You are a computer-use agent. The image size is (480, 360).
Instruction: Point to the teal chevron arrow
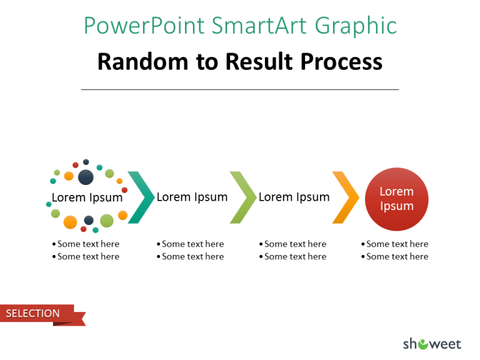pyautogui.click(x=142, y=197)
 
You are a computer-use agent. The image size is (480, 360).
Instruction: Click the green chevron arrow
pyautogui.click(x=244, y=197)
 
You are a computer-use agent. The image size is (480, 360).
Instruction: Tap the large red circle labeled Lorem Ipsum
pyautogui.click(x=397, y=199)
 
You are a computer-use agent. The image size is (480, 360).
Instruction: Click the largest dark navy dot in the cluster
pyautogui.click(x=86, y=177)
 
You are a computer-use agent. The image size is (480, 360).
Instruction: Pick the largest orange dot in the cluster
pyautogui.click(x=70, y=222)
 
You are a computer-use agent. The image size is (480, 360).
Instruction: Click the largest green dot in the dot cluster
pyautogui.click(x=107, y=220)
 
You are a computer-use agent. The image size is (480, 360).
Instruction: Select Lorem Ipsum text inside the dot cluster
pyautogui.click(x=87, y=197)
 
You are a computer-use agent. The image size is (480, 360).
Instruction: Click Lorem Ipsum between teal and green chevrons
pyautogui.click(x=192, y=197)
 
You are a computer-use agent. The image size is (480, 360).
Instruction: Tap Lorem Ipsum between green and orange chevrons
pyautogui.click(x=294, y=197)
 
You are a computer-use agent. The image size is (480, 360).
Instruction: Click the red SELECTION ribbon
pyautogui.click(x=37, y=313)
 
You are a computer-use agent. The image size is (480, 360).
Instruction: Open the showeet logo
pyautogui.click(x=432, y=343)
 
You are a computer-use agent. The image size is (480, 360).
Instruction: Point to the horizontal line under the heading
pyautogui.click(x=240, y=89)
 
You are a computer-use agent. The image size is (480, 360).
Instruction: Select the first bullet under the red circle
pyautogui.click(x=396, y=244)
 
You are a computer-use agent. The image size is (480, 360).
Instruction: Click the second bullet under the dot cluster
pyautogui.click(x=87, y=256)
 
